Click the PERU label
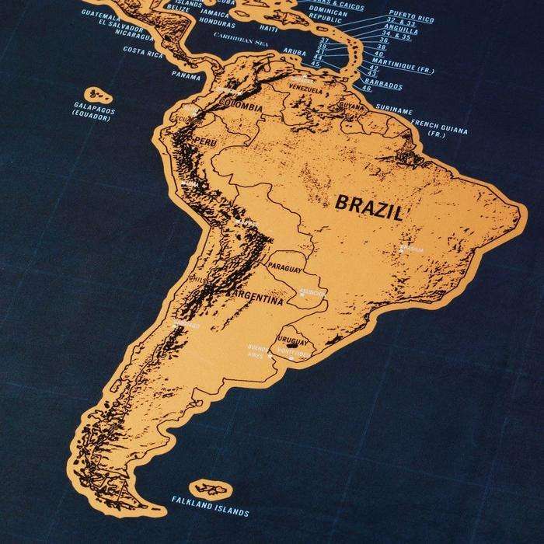tap(207, 141)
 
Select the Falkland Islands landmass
tap(207, 488)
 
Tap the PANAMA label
tap(187, 76)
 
